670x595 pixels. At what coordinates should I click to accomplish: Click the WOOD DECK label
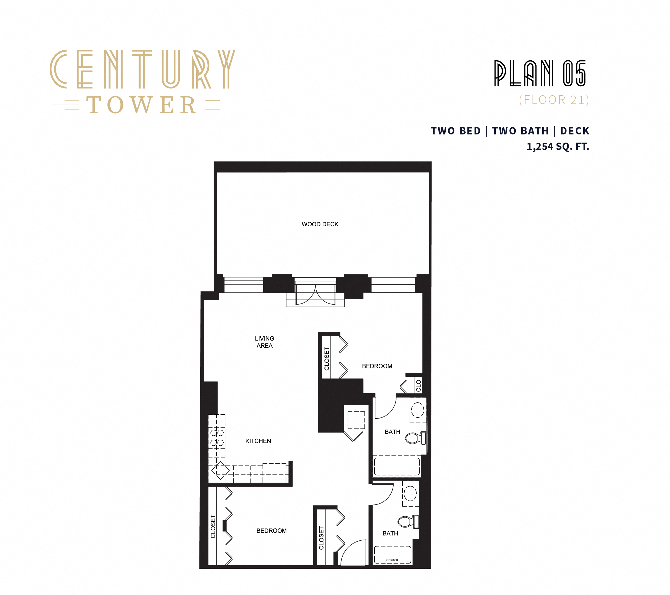[x=320, y=224]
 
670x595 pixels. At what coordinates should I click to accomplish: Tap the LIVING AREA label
[x=265, y=342]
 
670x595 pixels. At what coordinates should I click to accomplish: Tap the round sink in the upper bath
[x=417, y=410]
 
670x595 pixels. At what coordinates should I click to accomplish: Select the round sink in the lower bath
[x=410, y=493]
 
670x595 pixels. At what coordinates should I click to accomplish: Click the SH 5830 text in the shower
[x=392, y=560]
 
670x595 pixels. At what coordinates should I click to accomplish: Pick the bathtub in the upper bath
[x=397, y=466]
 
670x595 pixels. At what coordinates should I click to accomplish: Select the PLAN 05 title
[x=540, y=74]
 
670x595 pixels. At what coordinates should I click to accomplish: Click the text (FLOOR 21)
[x=554, y=100]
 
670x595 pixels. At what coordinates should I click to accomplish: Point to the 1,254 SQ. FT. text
[x=558, y=147]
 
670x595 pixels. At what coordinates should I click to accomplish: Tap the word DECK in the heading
[x=575, y=131]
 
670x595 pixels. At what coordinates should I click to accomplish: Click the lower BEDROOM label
[x=271, y=531]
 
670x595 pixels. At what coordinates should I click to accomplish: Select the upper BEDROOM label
[x=377, y=366]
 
